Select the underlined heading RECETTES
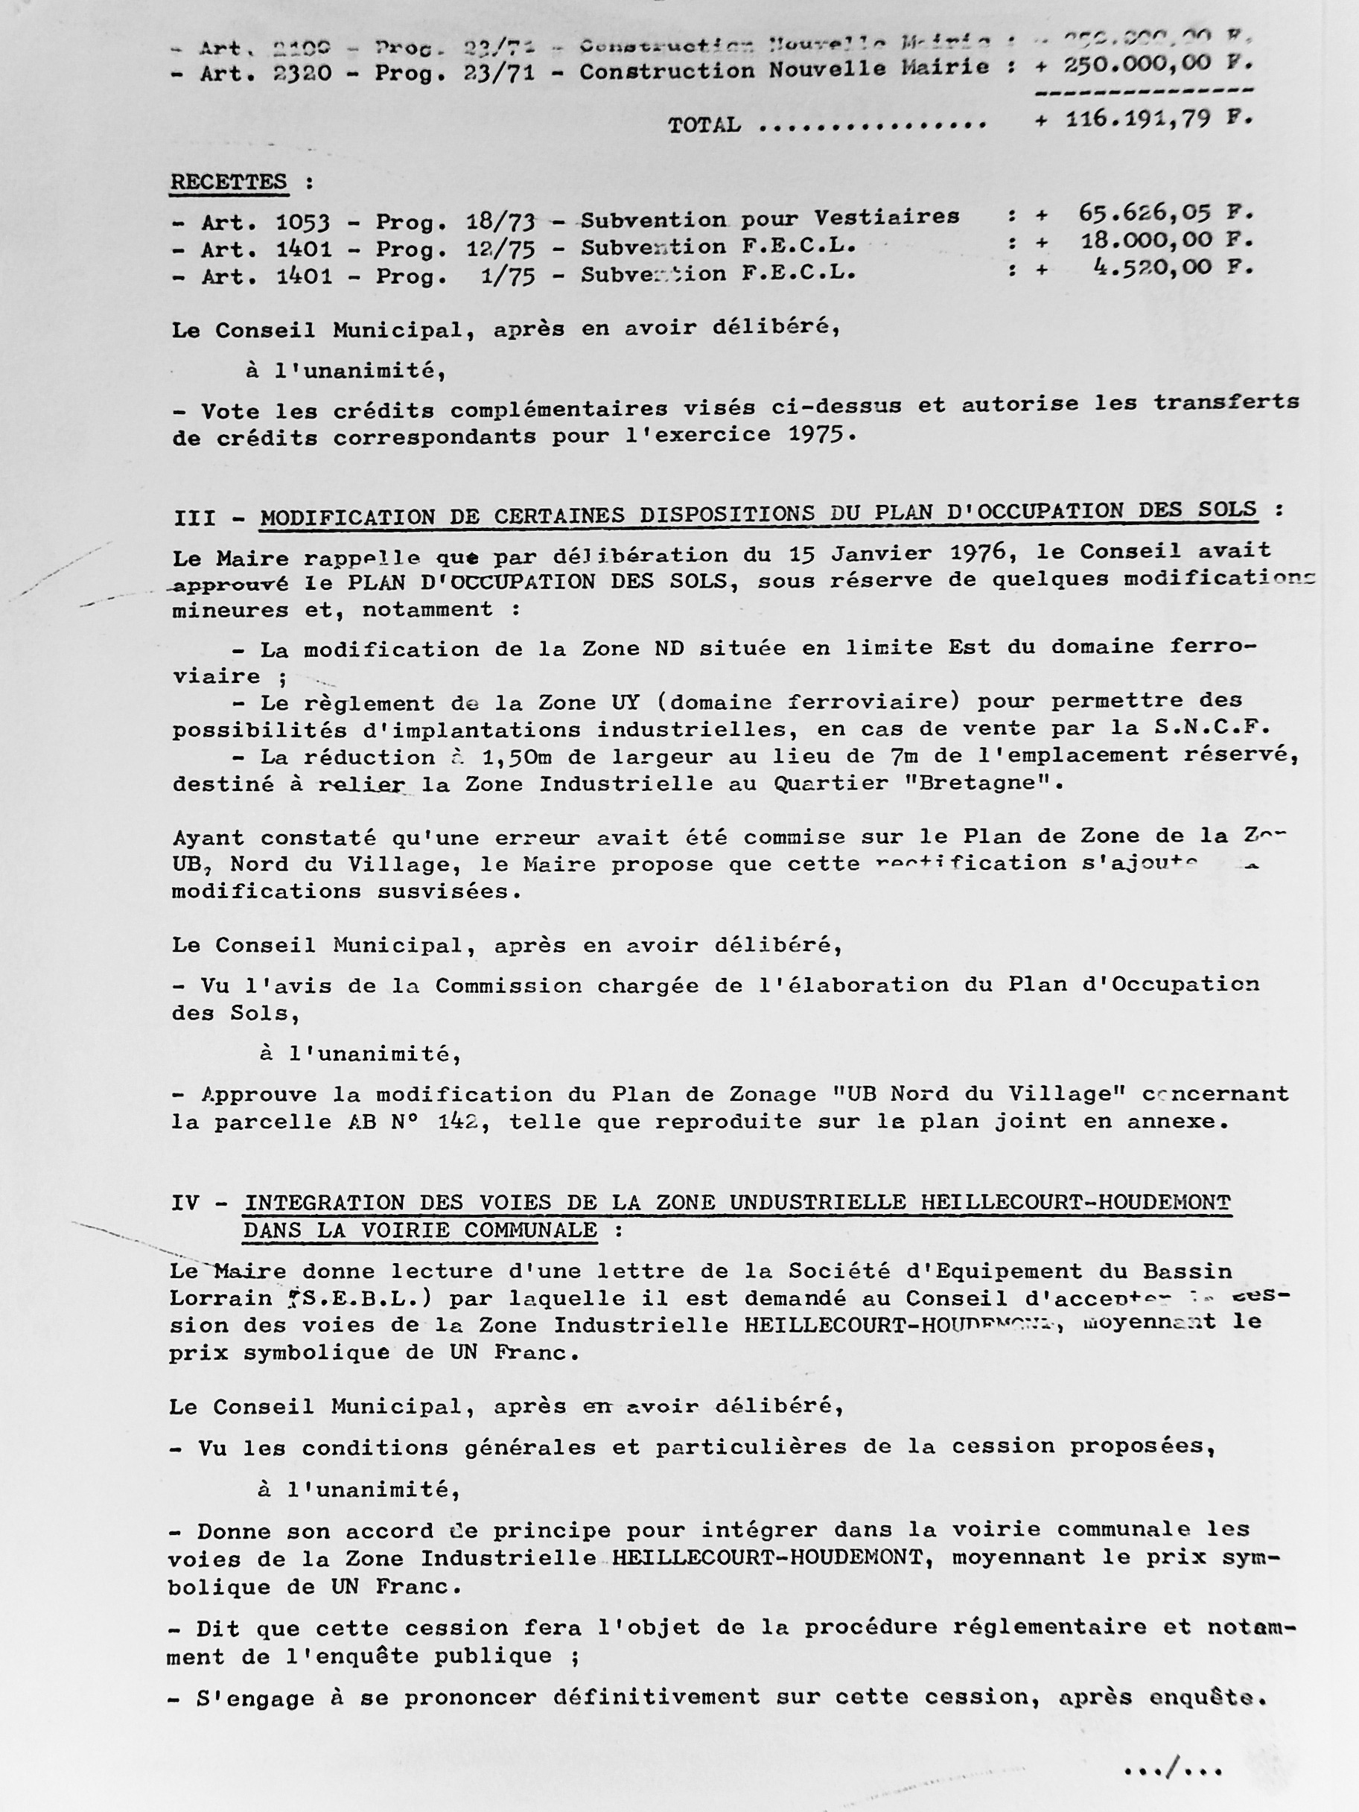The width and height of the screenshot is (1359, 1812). [229, 182]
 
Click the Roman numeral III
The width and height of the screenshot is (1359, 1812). [195, 518]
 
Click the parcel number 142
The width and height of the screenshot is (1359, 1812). [458, 1122]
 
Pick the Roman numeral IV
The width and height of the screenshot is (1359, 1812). [186, 1203]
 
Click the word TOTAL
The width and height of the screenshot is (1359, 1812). [704, 124]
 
